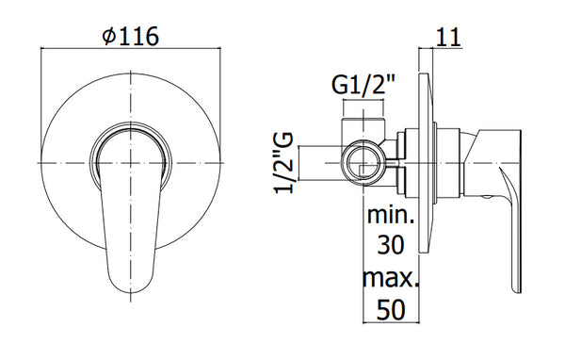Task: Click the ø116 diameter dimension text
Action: pos(131,36)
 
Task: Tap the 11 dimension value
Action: pos(448,37)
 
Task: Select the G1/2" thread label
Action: pos(363,85)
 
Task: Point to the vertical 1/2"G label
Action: pos(284,163)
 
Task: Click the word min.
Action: pos(391,215)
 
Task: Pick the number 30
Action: pos(391,245)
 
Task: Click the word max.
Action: pos(391,277)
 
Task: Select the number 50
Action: pos(391,310)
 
